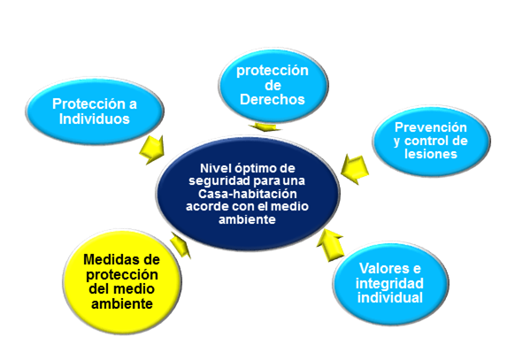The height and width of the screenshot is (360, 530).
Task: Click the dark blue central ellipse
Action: point(248,194)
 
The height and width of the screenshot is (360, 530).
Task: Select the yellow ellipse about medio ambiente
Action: point(122,282)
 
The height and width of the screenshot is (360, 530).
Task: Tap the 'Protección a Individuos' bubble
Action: point(95,111)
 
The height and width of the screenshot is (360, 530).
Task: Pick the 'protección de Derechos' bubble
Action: point(273,85)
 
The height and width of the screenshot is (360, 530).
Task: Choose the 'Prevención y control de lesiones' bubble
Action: point(431,141)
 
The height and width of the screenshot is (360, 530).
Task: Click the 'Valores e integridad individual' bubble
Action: point(390,283)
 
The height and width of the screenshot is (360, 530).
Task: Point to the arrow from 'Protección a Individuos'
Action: point(153,149)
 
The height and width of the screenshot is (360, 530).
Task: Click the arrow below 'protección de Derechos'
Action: point(265,126)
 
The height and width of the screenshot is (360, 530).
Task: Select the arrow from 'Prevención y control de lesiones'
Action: point(354,169)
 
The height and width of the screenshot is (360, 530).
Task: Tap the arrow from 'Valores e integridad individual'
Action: point(331,244)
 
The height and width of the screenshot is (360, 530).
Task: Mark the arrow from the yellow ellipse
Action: point(181,244)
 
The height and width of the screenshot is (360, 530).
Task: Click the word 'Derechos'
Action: point(273,99)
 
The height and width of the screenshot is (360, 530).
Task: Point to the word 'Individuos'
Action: point(95,119)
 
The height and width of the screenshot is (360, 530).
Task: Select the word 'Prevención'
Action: point(431,127)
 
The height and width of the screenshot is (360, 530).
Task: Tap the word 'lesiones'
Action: point(431,154)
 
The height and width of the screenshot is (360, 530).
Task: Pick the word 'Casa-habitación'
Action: point(248,194)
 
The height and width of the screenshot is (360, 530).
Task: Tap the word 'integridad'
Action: point(389,283)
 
